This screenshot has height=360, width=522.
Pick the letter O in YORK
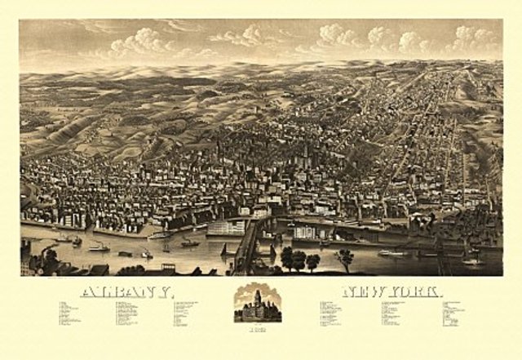click(x=405, y=291)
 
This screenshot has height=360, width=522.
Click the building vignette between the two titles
click(x=259, y=303)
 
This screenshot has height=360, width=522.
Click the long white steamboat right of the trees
click(x=391, y=253)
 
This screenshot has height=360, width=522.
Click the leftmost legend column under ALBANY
click(x=73, y=315)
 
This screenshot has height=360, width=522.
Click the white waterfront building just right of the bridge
click(x=307, y=233)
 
